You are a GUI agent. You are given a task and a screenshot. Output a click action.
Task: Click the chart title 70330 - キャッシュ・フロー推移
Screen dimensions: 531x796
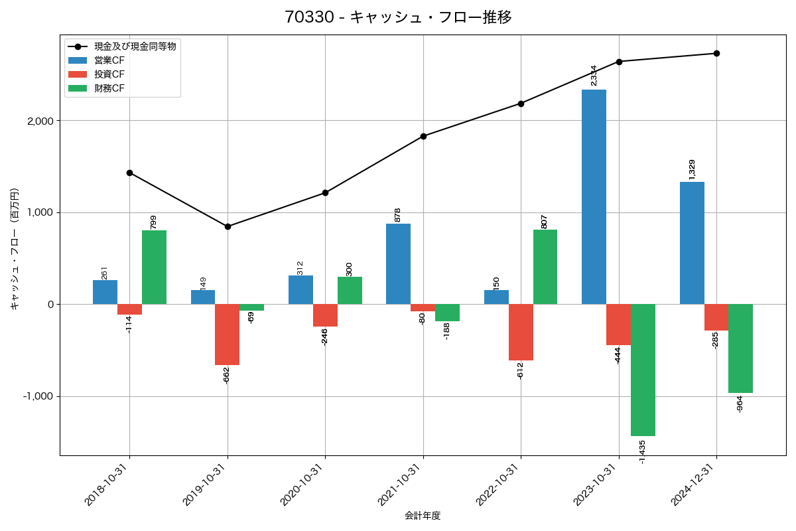pos(398,17)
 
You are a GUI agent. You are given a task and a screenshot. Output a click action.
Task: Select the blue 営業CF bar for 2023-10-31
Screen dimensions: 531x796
pos(594,196)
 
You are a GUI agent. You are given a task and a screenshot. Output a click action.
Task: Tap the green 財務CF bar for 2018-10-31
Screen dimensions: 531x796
pos(154,267)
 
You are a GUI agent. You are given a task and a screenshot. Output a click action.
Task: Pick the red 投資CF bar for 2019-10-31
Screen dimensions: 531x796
pos(227,335)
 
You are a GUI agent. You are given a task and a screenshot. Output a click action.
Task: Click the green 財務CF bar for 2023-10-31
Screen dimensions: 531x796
pos(643,370)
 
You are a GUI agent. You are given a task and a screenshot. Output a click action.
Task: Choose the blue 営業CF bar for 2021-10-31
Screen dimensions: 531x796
pos(398,264)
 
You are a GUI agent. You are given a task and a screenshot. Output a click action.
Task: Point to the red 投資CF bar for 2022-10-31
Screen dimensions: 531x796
pos(521,332)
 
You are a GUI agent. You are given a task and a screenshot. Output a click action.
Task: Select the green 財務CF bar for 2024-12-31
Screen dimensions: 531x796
pos(740,348)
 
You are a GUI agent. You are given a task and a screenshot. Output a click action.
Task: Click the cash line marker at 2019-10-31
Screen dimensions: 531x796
pos(228,226)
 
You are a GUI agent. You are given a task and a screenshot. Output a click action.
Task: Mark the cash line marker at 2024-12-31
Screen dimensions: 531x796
pos(716,53)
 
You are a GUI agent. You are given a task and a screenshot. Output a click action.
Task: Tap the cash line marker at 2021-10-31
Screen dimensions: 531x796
pos(423,136)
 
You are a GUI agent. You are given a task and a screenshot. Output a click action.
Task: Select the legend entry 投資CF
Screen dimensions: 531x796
pos(109,74)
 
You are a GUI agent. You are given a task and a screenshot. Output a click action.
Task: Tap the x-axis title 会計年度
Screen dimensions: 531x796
pos(423,516)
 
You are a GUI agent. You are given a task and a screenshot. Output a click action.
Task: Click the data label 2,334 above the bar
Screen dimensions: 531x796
pos(594,75)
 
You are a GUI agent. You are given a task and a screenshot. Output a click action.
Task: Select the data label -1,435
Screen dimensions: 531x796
pos(642,451)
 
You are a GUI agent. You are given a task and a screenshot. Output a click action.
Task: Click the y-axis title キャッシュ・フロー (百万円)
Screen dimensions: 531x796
pos(15,248)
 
